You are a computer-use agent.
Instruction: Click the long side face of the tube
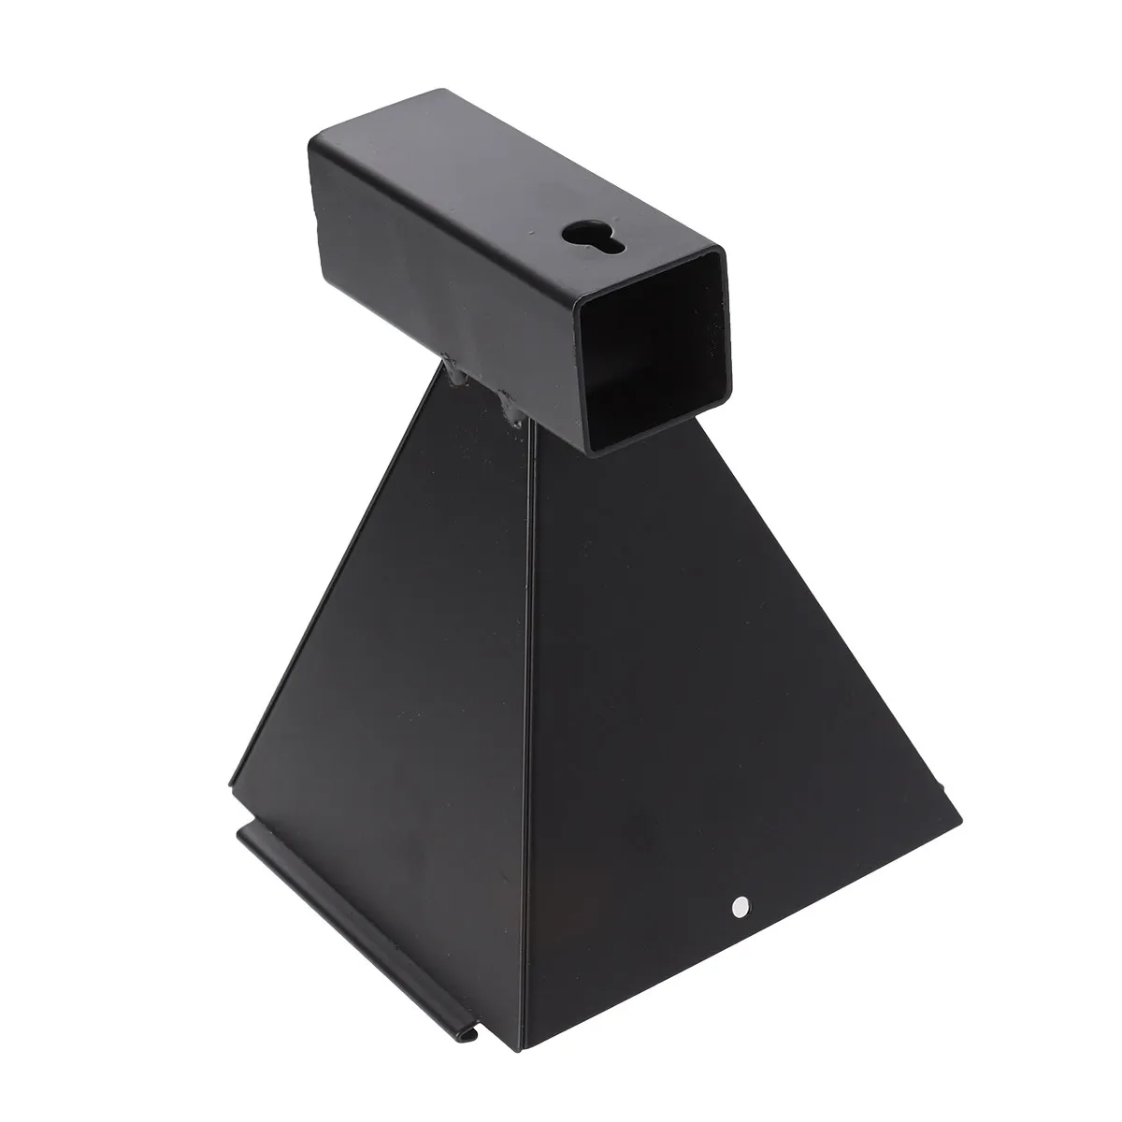449,299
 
